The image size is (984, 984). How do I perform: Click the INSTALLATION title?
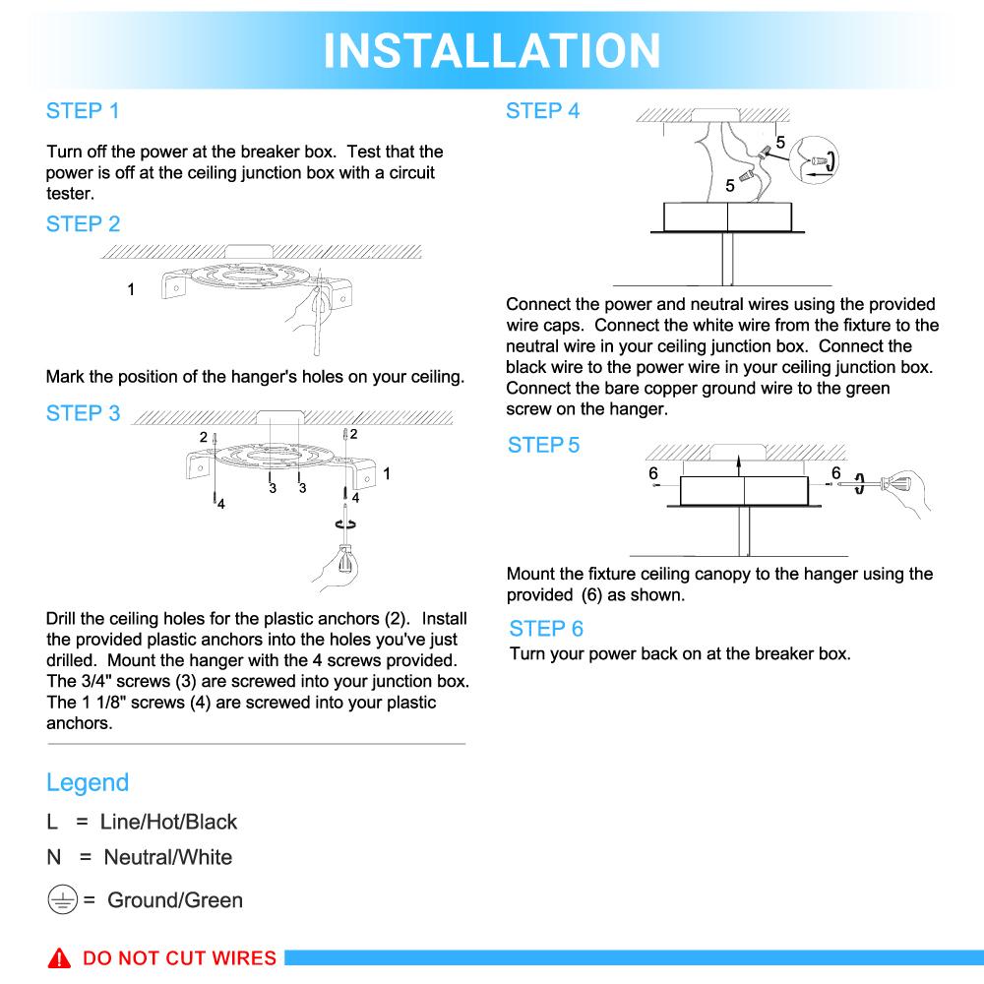(x=492, y=49)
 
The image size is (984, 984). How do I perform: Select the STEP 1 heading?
(x=83, y=111)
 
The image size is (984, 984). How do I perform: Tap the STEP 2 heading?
(x=83, y=224)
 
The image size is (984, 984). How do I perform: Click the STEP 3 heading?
(x=83, y=413)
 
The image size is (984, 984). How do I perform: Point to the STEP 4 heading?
(x=542, y=111)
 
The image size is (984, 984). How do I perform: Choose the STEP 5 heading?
(x=543, y=445)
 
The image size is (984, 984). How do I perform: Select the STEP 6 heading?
(x=546, y=628)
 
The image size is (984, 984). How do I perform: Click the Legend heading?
(x=88, y=782)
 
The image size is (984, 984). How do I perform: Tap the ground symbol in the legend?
(x=62, y=899)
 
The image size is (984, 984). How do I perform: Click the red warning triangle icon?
(x=61, y=958)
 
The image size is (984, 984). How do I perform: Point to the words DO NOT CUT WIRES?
(x=179, y=958)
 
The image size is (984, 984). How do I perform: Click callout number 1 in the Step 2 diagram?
(x=131, y=289)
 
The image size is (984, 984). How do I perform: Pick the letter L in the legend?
(x=52, y=822)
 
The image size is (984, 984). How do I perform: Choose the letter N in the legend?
(x=54, y=857)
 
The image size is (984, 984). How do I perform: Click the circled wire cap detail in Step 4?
(x=817, y=160)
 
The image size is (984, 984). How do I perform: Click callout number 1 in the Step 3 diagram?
(x=387, y=473)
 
